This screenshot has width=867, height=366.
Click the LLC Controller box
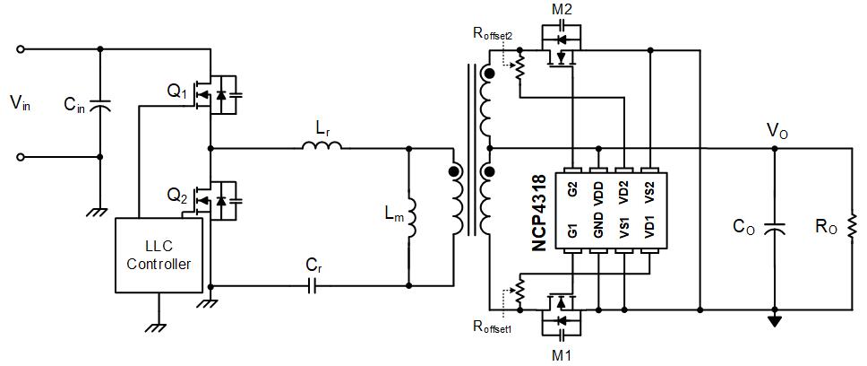coord(159,255)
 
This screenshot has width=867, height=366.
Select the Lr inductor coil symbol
coord(322,145)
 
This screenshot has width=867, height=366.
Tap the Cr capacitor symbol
coord(313,285)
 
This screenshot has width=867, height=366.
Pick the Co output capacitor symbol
coord(774,227)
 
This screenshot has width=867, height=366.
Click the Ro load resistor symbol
coord(852,226)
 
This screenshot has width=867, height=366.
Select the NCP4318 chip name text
coord(539,213)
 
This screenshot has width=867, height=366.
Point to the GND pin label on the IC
coord(598,229)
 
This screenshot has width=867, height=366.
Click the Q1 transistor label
coord(176,91)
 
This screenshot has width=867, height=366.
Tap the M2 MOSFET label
coord(562,9)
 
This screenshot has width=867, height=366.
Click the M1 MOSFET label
coord(562,354)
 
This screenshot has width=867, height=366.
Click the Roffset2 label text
coord(494,33)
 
